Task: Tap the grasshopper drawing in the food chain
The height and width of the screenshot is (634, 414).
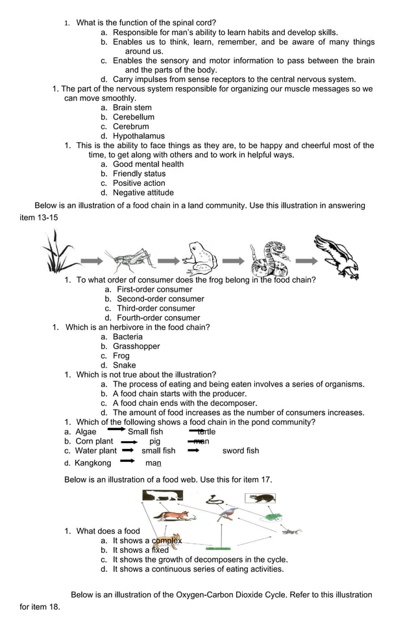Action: coord(130,260)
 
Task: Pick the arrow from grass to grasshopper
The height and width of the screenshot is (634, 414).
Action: coord(91,261)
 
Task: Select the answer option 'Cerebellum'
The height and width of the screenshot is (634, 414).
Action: coord(133,117)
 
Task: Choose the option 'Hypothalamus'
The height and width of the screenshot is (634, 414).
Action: coord(138,136)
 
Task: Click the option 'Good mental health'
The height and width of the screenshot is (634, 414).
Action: coord(148,164)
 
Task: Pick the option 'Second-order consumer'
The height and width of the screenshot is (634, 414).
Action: coord(160,299)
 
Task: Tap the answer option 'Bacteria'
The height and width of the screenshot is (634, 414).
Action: coord(127,336)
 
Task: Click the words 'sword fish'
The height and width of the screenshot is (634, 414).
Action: coord(240,451)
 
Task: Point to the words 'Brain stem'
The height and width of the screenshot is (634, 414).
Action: coord(132,108)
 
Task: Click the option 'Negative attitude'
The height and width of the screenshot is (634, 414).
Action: coord(143,192)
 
